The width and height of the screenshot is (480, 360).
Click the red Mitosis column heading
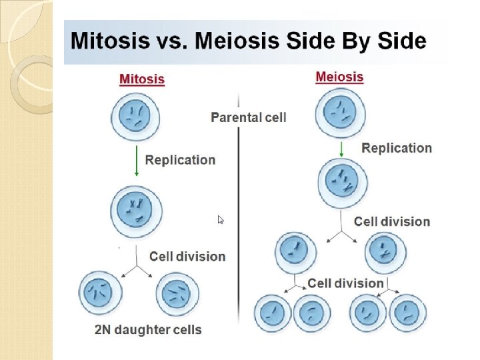point(141,79)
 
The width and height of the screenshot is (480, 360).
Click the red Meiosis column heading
point(339,77)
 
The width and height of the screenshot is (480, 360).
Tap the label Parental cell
point(249,117)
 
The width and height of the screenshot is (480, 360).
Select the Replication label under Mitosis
point(180,160)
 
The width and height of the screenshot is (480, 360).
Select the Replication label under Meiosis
point(397,148)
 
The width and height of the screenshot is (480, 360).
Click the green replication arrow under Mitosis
point(137,160)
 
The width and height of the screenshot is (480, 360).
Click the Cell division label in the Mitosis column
point(187,257)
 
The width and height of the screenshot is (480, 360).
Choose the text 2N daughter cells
point(147,329)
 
